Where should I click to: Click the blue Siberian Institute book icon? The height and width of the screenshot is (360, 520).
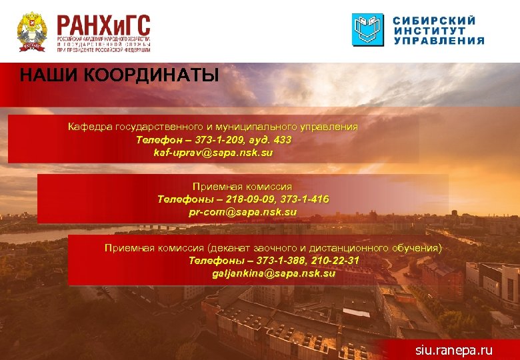368,30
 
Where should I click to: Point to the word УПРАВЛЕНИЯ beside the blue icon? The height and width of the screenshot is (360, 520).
439,41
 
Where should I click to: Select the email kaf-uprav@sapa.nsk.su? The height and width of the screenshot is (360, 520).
213,153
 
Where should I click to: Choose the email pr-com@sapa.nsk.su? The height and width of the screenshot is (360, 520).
243,212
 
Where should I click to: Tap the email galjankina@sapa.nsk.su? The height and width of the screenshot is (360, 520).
274,273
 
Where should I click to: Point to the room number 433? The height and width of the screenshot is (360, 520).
282,140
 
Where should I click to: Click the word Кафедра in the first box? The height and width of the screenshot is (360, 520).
89,127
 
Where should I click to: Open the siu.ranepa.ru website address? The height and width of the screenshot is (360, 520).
453,349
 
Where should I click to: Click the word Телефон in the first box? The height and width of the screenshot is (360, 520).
158,140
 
